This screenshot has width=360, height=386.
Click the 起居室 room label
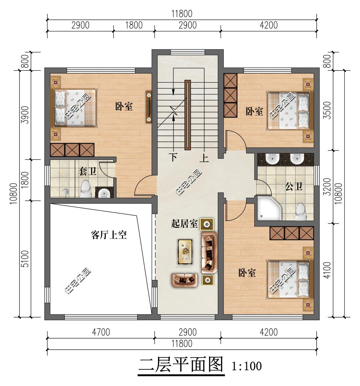pyautogui.click(x=184, y=224)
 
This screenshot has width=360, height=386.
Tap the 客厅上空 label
pyautogui.click(x=109, y=235)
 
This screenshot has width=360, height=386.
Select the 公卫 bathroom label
pyautogui.click(x=294, y=186)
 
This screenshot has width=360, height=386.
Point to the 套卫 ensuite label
pyautogui.click(x=87, y=171)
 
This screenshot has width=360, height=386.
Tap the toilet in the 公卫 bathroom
pyautogui.click(x=301, y=212)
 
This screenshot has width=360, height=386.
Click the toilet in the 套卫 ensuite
pyautogui.click(x=86, y=188)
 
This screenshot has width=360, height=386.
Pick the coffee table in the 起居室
pyautogui.click(x=185, y=251)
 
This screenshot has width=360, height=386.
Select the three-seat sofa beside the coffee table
pyautogui.click(x=209, y=252)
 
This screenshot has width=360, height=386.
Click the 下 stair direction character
pyautogui.click(x=174, y=157)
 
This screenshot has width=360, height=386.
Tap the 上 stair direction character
pyautogui.click(x=204, y=157)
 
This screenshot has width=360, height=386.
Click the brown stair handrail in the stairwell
pyautogui.click(x=188, y=115)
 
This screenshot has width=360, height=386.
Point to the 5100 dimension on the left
pyautogui.click(x=25, y=259)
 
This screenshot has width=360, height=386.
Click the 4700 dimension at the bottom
pyautogui.click(x=101, y=332)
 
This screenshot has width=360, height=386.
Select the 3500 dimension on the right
pyautogui.click(x=327, y=110)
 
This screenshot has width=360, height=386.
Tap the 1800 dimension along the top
pyautogui.click(x=134, y=25)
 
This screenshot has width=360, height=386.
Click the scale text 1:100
pyautogui.click(x=247, y=366)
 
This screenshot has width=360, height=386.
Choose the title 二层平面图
pyautogui.click(x=181, y=364)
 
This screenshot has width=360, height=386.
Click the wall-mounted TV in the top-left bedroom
pyautogui.click(x=149, y=107)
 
